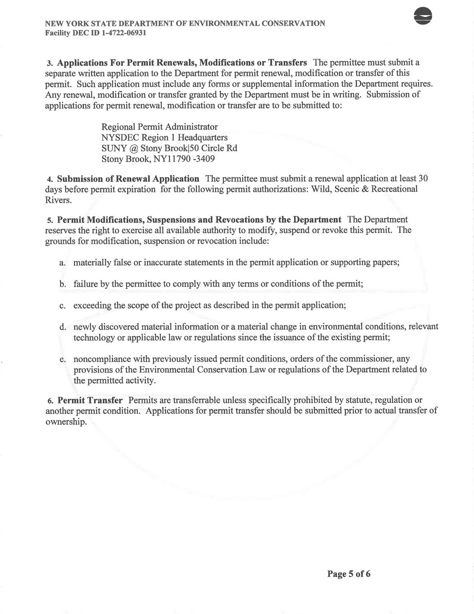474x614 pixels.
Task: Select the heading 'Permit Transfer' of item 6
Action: tap(90, 400)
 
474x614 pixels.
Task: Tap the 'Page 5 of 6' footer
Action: tap(349, 574)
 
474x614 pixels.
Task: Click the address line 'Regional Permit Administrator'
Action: tap(159, 127)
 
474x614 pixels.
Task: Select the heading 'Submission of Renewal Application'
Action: tap(128, 179)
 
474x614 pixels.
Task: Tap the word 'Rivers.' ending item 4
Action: tap(59, 200)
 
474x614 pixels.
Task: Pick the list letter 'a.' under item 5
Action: tap(62, 263)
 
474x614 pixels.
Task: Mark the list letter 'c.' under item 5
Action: tap(62, 306)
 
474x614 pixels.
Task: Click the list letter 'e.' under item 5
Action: tap(62, 359)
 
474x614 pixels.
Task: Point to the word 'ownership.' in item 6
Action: tap(66, 422)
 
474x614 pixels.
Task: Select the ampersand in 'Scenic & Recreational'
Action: tap(363, 189)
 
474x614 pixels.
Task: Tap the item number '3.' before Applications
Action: tap(50, 63)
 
